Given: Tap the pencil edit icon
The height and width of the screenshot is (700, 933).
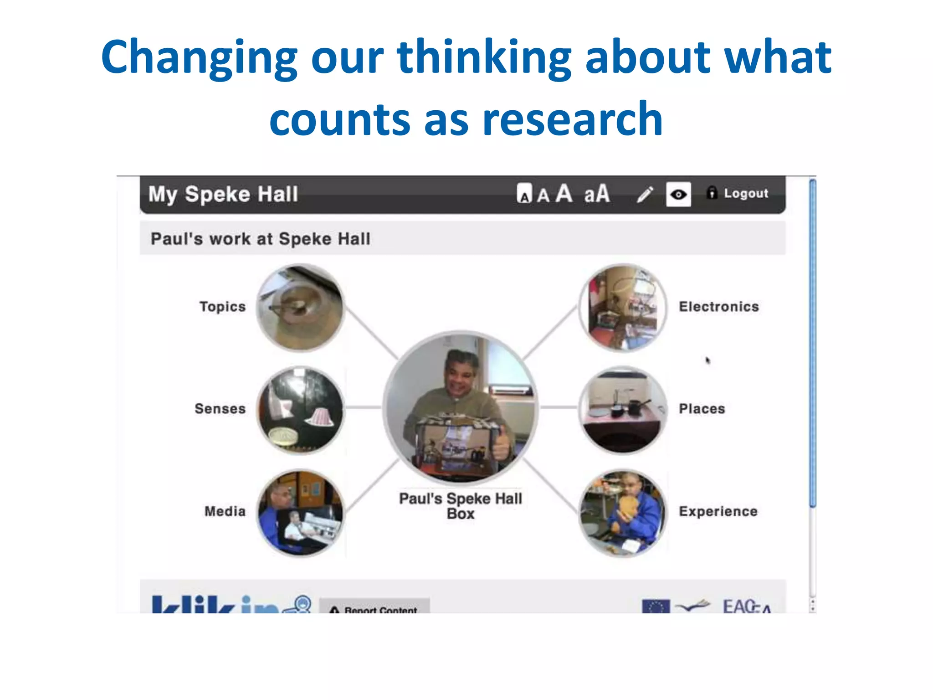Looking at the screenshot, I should (x=645, y=195).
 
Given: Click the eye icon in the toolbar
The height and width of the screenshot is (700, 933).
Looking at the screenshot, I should (x=678, y=195).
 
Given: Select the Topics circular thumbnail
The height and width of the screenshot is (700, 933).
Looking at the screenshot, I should (x=300, y=308).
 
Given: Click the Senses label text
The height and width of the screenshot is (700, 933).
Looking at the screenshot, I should (x=220, y=409).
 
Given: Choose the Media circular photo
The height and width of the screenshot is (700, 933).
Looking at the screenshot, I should (x=300, y=513).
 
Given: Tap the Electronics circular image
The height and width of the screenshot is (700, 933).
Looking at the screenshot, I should (x=623, y=308).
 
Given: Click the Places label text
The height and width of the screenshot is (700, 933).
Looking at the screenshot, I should (x=702, y=409).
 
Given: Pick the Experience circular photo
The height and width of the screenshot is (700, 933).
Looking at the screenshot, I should (x=623, y=513).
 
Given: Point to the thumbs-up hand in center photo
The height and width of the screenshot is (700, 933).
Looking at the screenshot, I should (x=501, y=444).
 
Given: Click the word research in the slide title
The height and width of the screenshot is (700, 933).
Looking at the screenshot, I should (x=572, y=119).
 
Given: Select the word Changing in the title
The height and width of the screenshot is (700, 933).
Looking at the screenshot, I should (x=199, y=57).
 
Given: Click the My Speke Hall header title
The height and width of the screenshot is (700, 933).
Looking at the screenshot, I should (x=223, y=194).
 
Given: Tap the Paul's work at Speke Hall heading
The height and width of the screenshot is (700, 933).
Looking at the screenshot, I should (x=261, y=239).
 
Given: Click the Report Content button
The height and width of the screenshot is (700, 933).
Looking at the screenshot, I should (x=374, y=608).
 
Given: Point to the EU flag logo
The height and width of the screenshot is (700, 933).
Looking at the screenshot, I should (x=656, y=607).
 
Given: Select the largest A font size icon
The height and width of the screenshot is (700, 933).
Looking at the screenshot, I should (x=564, y=193).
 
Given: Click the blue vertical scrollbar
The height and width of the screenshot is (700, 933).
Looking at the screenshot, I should (x=813, y=342).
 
